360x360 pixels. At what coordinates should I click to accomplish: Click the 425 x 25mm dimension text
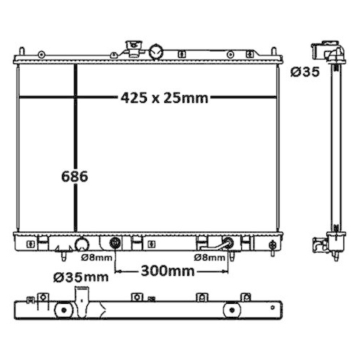point(165,99)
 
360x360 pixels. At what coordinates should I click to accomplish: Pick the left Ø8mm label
point(96,257)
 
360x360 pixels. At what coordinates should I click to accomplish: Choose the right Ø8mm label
point(209,257)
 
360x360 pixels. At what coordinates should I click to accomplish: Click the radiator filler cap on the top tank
point(133,48)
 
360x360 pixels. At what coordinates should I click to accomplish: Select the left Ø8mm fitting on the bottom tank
point(115,243)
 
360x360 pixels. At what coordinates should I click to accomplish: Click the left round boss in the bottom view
point(66,310)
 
